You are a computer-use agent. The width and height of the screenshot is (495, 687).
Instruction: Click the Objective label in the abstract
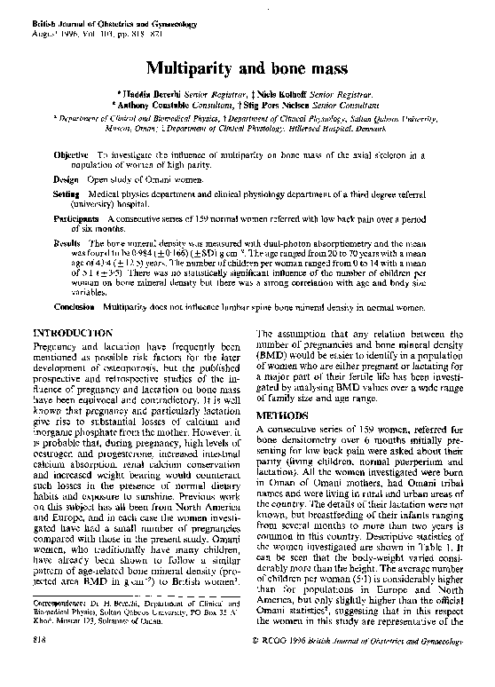(x=72, y=155)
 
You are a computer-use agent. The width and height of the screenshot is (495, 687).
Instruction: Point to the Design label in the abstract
(x=68, y=179)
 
